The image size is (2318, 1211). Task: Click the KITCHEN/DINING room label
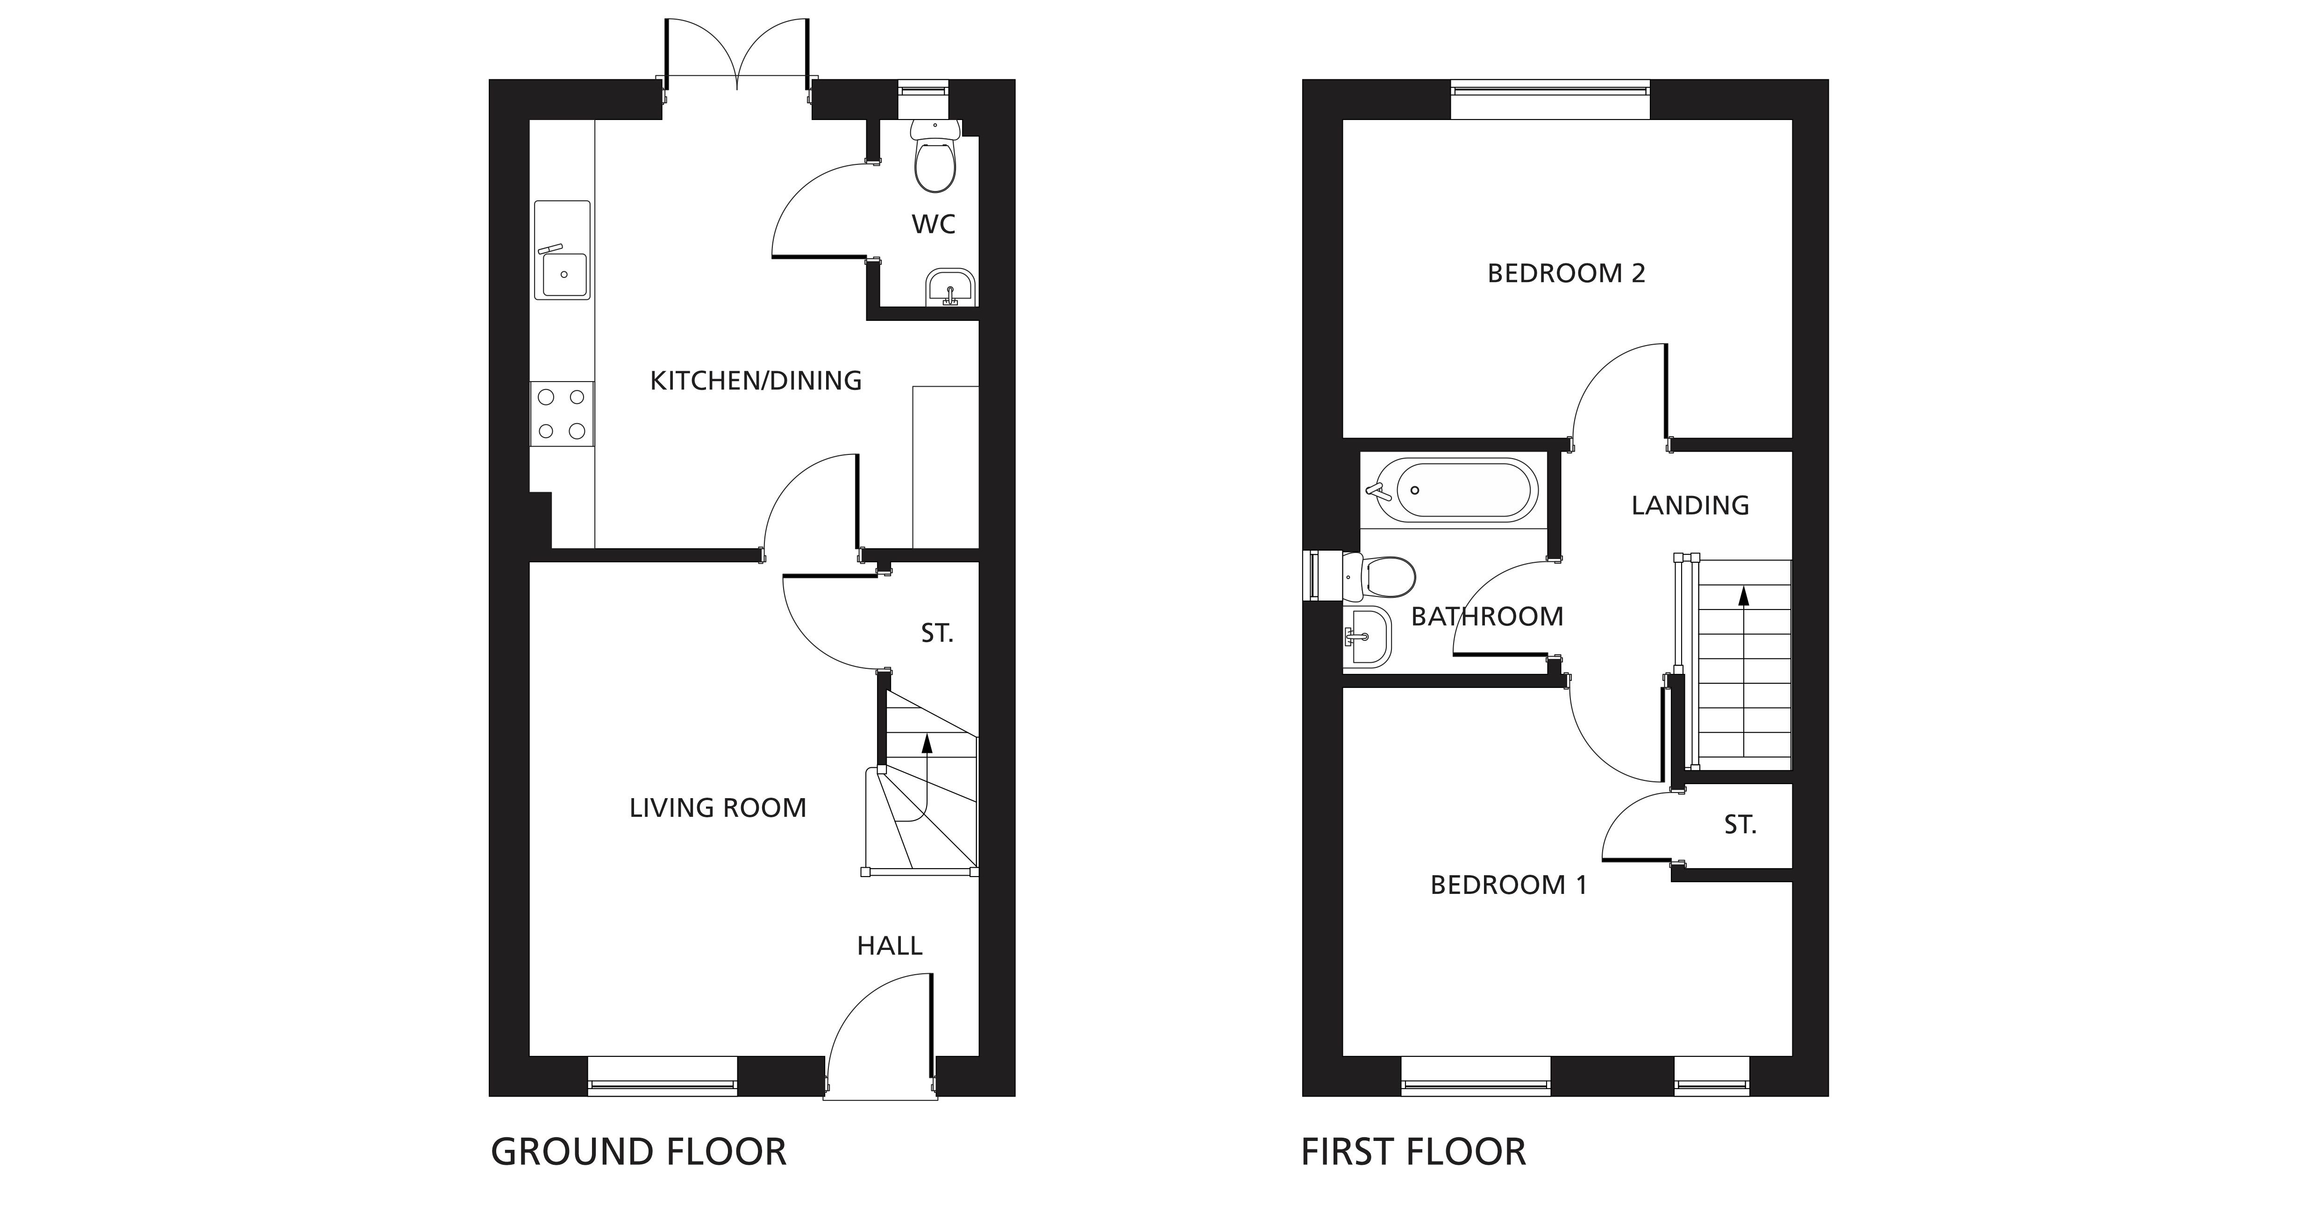(x=756, y=381)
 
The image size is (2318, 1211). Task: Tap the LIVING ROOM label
(x=717, y=808)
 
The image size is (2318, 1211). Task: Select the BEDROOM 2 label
(x=1566, y=273)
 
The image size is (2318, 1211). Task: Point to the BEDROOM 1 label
(x=1508, y=885)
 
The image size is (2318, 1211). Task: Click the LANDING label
(x=1690, y=506)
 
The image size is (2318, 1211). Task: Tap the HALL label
(x=889, y=946)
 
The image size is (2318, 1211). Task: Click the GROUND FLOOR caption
(x=638, y=1153)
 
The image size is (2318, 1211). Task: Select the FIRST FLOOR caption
(x=1413, y=1153)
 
